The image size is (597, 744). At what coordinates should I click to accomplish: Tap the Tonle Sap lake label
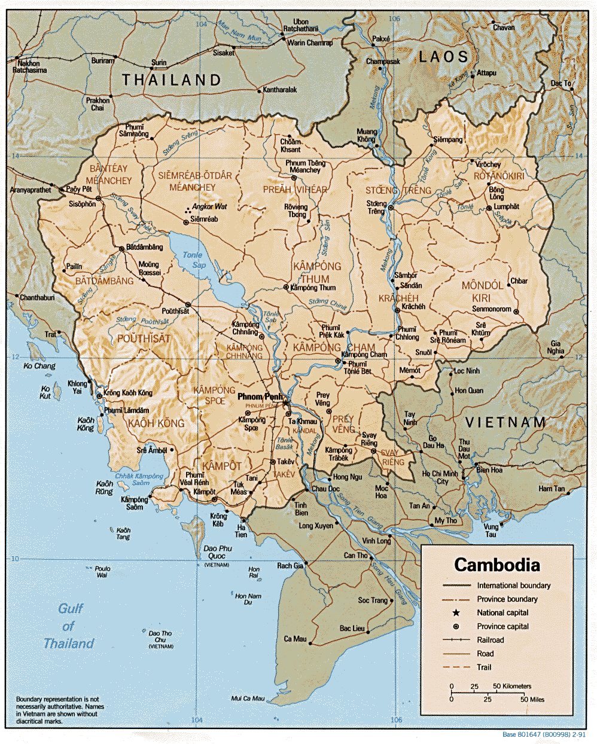click(x=193, y=260)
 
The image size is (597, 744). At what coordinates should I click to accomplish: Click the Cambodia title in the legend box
click(x=497, y=565)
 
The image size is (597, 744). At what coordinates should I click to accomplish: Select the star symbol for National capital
click(x=456, y=612)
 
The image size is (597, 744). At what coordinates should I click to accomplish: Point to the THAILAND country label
click(x=172, y=80)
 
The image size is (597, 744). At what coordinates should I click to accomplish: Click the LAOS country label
click(x=443, y=57)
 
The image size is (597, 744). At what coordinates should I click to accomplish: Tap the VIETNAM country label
click(x=505, y=422)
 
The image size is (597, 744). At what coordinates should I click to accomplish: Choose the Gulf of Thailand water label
click(x=69, y=626)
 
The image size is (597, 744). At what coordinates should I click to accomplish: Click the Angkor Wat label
click(x=209, y=207)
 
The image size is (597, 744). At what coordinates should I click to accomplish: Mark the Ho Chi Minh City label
click(x=440, y=477)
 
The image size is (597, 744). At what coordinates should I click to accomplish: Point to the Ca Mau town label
click(x=295, y=639)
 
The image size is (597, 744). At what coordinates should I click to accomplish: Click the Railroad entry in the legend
click(x=491, y=640)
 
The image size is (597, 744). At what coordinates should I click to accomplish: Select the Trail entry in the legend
click(x=484, y=667)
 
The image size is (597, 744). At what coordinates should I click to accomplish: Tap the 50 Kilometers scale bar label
click(x=512, y=686)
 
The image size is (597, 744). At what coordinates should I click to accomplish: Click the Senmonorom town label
click(x=492, y=309)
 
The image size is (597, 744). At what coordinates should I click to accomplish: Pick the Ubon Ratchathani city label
click(x=300, y=25)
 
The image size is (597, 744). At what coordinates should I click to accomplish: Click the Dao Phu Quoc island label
click(x=217, y=552)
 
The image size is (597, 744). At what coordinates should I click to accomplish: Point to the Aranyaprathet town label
click(x=31, y=190)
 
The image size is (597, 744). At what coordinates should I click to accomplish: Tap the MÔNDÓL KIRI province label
click(x=482, y=291)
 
